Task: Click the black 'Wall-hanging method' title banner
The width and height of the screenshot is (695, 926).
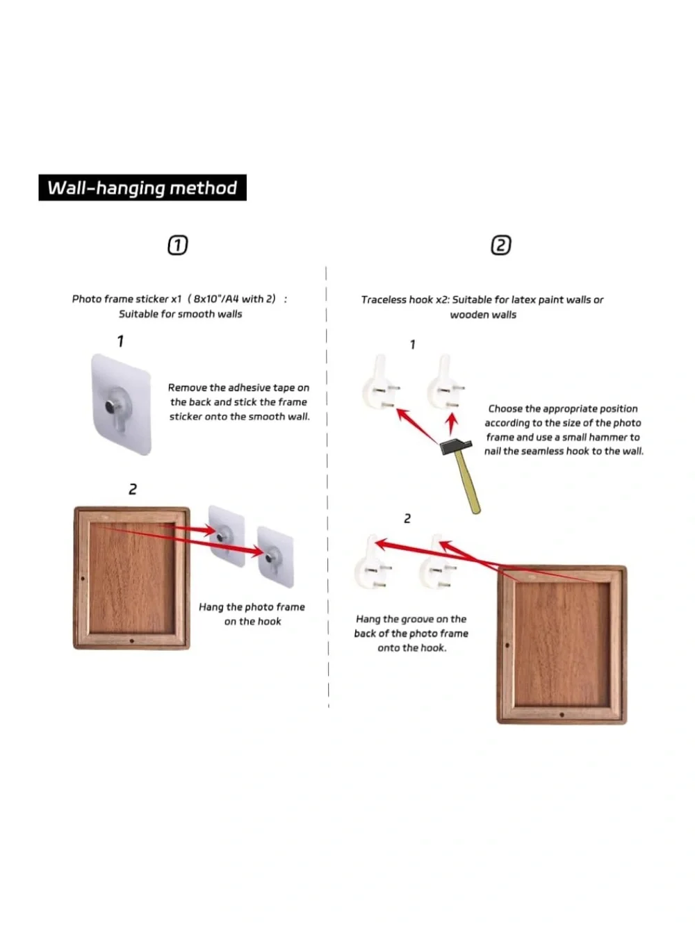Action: click(x=142, y=188)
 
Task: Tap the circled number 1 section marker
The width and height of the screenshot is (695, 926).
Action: click(x=178, y=245)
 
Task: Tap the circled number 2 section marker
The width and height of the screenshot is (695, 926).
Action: click(x=501, y=245)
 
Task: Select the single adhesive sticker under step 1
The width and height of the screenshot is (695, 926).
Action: click(x=122, y=404)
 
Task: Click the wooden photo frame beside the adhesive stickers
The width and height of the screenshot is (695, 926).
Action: click(x=131, y=577)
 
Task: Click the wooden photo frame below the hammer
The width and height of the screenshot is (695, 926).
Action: click(x=562, y=645)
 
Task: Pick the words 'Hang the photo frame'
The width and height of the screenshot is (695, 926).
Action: click(x=252, y=606)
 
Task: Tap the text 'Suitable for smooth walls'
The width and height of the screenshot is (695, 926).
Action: click(x=181, y=314)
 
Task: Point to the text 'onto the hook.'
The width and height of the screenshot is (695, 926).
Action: click(x=412, y=647)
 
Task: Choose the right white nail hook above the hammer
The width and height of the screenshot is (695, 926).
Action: click(x=444, y=381)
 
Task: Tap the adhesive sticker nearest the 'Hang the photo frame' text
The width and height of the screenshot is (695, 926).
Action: click(x=275, y=557)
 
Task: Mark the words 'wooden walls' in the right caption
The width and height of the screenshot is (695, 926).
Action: click(x=483, y=315)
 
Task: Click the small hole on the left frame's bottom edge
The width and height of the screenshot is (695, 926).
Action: click(x=131, y=640)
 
